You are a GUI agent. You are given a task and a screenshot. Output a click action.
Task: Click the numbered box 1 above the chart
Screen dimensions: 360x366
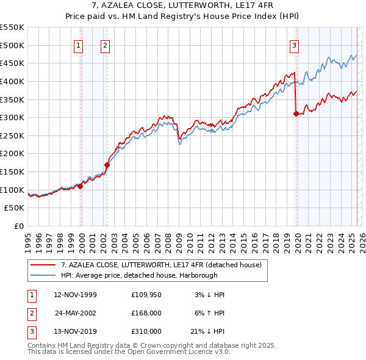pos(79,45)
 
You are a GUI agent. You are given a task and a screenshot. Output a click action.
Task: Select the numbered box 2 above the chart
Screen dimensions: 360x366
pos(106,45)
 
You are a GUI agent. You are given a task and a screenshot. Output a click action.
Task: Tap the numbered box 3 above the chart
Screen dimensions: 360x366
pos(294,45)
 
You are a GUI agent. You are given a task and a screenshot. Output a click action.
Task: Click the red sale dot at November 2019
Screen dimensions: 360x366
pos(296,113)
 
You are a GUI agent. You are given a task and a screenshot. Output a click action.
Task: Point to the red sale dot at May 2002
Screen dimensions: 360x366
pos(107,165)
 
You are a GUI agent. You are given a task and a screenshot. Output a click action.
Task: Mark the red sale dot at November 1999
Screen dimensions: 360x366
pos(80,186)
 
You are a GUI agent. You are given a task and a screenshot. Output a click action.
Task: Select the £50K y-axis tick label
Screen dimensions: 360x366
pos(15,208)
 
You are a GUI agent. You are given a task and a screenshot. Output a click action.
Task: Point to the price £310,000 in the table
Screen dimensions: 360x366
pos(146,332)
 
